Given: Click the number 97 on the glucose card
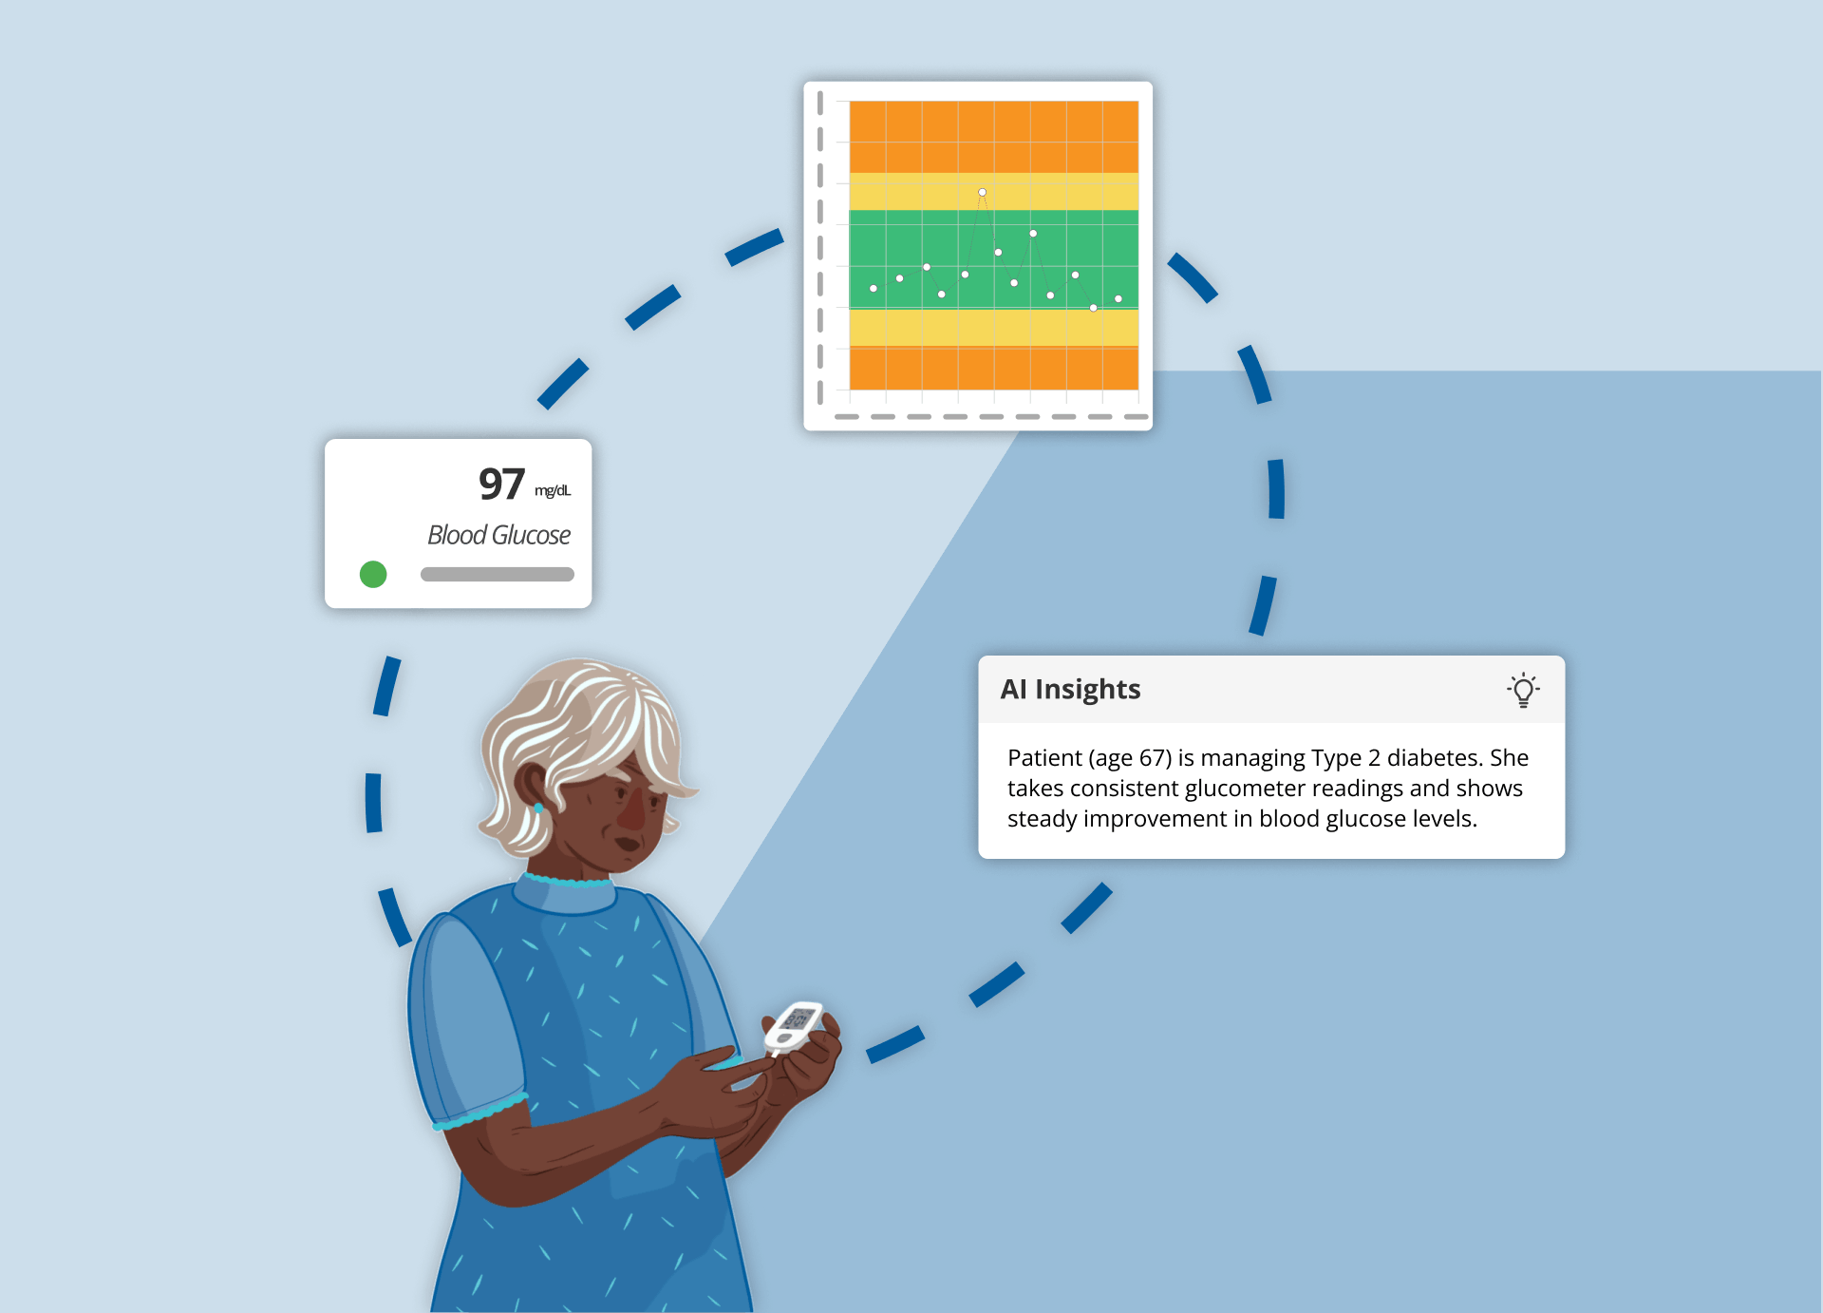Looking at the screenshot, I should (501, 485).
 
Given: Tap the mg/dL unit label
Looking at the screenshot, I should (553, 490).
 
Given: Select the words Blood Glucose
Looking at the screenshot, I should (498, 535).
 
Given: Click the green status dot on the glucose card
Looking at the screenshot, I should (373, 574).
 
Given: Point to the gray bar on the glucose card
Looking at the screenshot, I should (497, 574).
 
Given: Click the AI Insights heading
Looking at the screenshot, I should (1070, 689).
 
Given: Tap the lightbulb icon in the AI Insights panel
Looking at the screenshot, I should (1523, 690).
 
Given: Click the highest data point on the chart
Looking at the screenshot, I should (982, 192).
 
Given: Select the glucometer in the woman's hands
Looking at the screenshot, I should (795, 1024).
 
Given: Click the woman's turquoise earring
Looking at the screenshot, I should (539, 809).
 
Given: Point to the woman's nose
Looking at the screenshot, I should (630, 813).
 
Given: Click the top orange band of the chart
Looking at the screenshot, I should (993, 136).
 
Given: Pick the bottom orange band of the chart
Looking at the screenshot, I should (993, 368).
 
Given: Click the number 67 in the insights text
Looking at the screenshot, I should (1155, 758).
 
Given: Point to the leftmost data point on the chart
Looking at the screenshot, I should (874, 288).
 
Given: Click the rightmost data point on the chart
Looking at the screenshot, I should (1118, 298).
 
